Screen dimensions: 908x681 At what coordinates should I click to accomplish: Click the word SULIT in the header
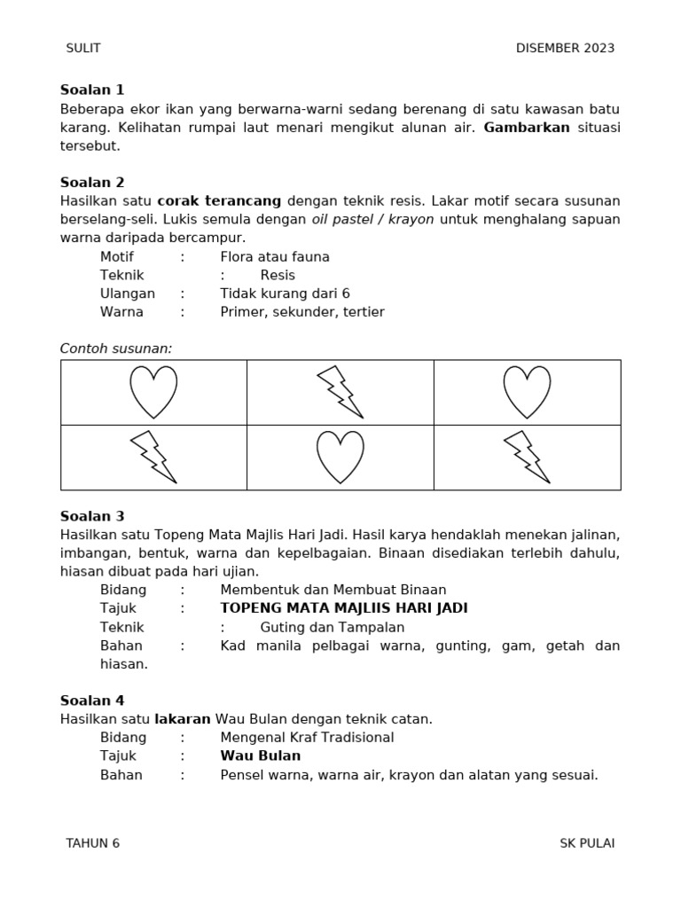coord(83,48)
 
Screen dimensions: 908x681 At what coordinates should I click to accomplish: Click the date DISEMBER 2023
coord(565,48)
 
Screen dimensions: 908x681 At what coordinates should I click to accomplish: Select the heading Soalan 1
coord(92,90)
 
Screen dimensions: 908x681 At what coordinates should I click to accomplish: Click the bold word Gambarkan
coord(526,127)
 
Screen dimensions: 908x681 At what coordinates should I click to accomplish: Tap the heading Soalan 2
coord(92,183)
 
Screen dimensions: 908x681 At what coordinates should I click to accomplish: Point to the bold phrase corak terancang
coord(219,201)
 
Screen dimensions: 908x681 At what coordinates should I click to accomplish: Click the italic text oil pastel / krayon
coord(372,219)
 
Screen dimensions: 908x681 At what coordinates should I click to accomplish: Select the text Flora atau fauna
coord(274,256)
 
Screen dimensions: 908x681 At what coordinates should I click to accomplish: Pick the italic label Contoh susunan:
coord(116,348)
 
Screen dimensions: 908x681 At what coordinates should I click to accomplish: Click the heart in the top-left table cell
coord(153,392)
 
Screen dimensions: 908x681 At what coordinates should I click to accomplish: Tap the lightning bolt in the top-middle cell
coord(340,392)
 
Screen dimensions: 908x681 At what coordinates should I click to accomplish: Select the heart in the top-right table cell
coord(527,392)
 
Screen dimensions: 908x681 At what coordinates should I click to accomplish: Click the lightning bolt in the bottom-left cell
coord(153,457)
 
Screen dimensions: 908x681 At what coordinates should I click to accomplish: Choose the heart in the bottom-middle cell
coord(340,457)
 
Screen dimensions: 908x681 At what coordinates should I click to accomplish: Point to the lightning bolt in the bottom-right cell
coord(527,457)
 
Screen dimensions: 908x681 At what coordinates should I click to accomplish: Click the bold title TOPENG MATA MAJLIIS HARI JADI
coord(343,608)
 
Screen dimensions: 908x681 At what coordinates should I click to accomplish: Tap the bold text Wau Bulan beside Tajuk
coord(260,756)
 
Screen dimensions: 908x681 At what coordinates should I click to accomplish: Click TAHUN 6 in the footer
coord(92,843)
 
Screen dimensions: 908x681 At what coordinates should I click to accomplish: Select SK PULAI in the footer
coord(586,843)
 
